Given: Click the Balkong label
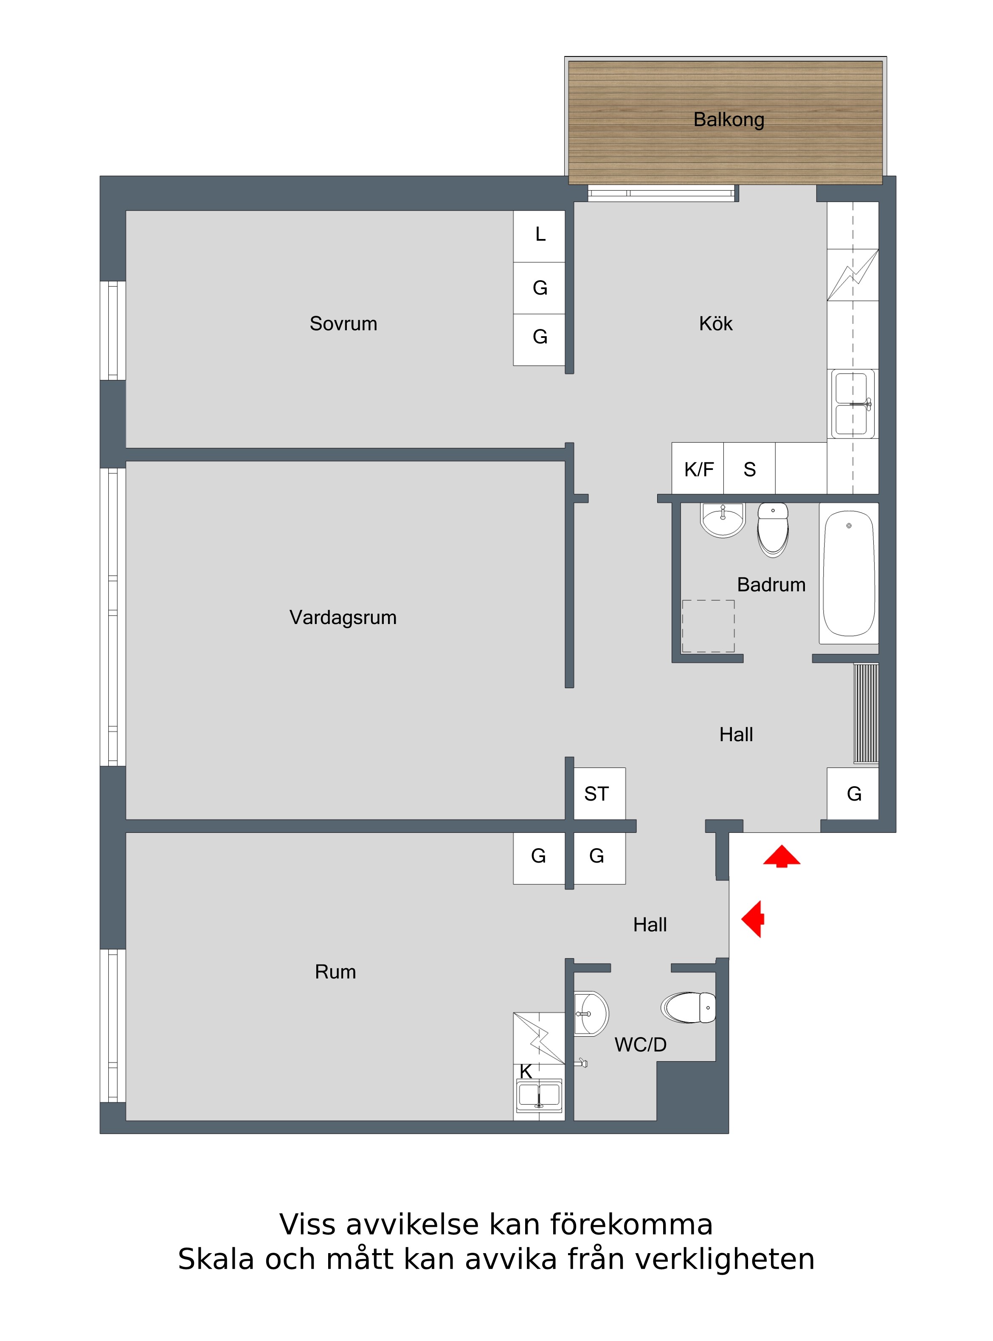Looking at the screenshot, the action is (x=729, y=120).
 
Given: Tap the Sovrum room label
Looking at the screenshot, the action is (x=343, y=323).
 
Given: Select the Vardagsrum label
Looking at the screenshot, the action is (x=343, y=617).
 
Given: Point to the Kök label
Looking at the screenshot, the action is (x=715, y=323).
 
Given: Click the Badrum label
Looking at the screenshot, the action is (x=771, y=584).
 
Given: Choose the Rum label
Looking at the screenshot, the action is (x=335, y=972).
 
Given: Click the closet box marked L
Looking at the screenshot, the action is (x=539, y=236).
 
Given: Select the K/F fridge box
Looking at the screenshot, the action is (x=698, y=468).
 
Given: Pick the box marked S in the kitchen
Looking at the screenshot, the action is (x=750, y=468).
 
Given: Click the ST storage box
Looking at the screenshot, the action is (x=599, y=793).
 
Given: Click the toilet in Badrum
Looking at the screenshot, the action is (x=773, y=529).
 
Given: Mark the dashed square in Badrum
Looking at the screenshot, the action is (x=708, y=626).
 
